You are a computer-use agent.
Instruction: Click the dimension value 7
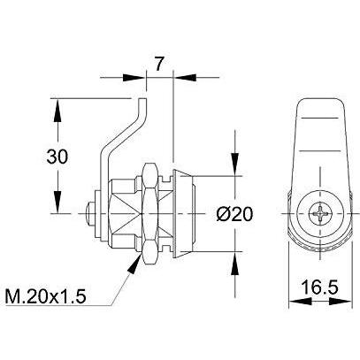158,64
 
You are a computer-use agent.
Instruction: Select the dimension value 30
57,157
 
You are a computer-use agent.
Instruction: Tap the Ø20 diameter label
234,214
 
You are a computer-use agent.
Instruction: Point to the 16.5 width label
320,287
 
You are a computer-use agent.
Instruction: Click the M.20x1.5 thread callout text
46,296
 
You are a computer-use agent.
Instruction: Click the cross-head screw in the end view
320,213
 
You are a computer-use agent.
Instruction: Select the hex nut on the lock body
151,213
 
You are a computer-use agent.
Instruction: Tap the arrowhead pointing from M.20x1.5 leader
135,263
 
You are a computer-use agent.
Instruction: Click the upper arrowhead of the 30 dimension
57,111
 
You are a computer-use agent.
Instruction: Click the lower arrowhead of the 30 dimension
57,202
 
